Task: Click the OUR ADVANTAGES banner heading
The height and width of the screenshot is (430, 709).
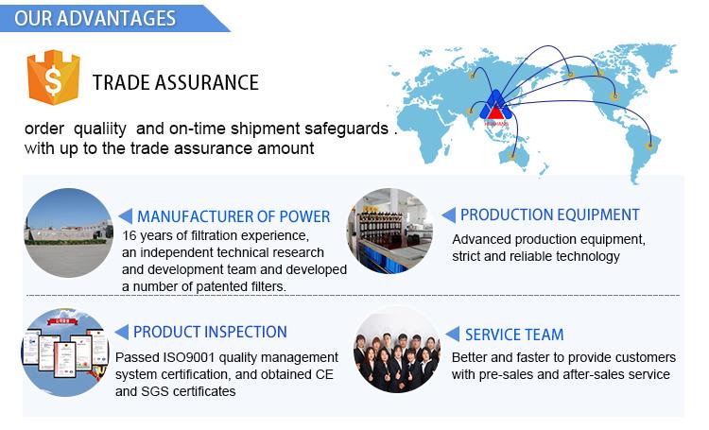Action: pos(95,18)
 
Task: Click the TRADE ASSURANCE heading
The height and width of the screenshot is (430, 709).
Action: pos(175,82)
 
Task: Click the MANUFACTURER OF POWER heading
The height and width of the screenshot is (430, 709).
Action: pos(233,216)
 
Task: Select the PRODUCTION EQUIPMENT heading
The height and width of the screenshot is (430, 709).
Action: pos(549,215)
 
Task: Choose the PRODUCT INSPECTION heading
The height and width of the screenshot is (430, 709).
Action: pos(210,332)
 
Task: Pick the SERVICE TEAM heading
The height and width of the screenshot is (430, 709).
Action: pos(514,334)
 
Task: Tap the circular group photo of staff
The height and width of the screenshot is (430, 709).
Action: pos(396,351)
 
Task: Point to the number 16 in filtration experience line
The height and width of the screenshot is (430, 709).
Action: pos(131,235)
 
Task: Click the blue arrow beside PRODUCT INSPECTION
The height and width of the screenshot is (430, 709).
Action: pos(121,332)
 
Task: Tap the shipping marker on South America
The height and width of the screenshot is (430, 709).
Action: pos(648,145)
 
